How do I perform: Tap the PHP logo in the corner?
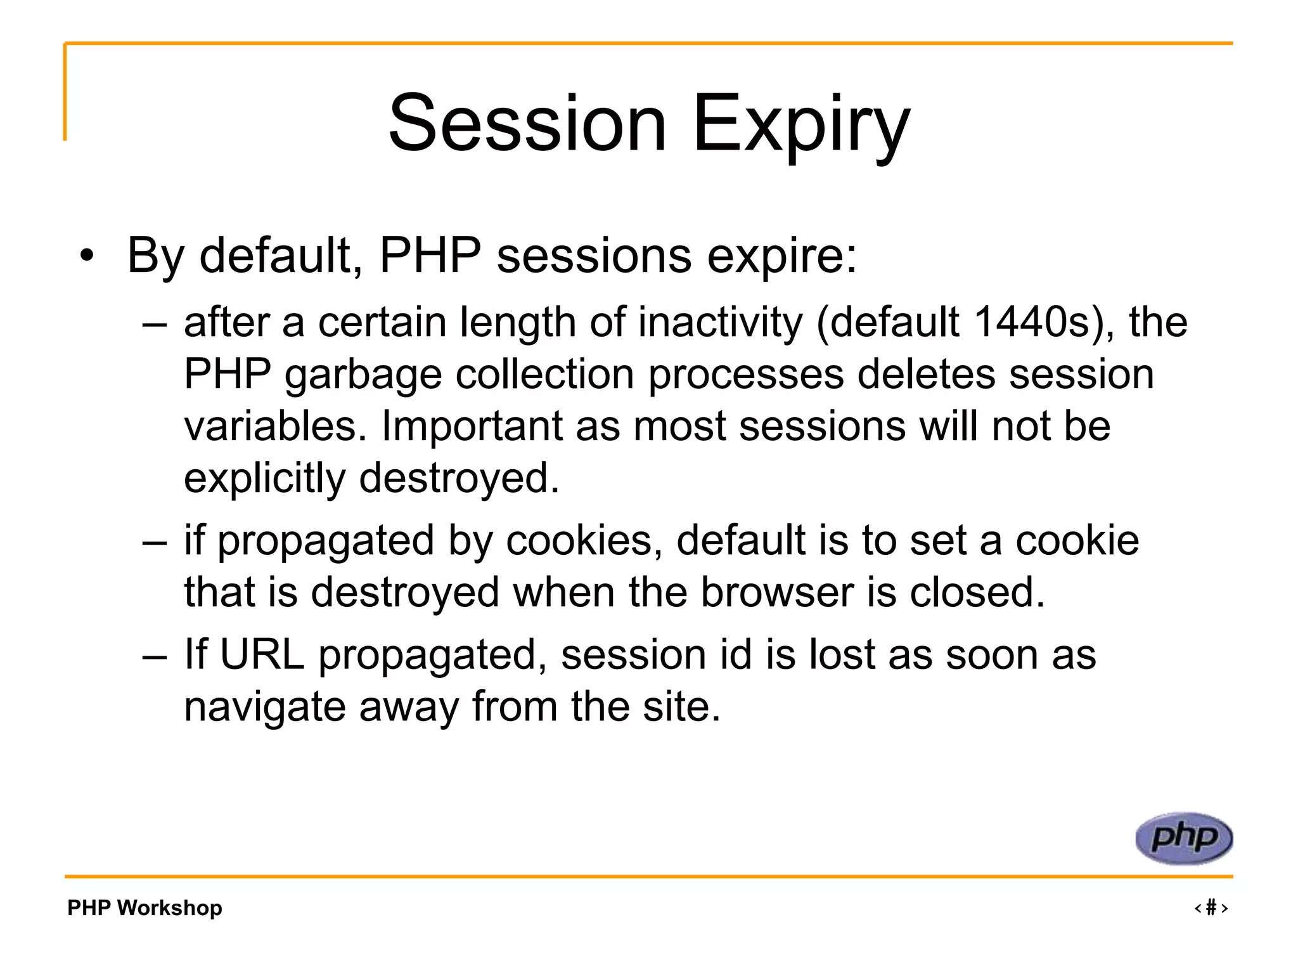tap(1183, 838)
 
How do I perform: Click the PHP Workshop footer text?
tap(145, 907)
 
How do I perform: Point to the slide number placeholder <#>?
tap(1211, 907)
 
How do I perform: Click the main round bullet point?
tap(87, 257)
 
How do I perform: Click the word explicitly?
tap(264, 478)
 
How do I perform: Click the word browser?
tap(778, 592)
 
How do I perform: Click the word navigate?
tap(265, 707)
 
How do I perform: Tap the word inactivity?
tap(720, 322)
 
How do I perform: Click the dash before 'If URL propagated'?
tap(155, 656)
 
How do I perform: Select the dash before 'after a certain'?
tap(155, 324)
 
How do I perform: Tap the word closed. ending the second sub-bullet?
tap(977, 592)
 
